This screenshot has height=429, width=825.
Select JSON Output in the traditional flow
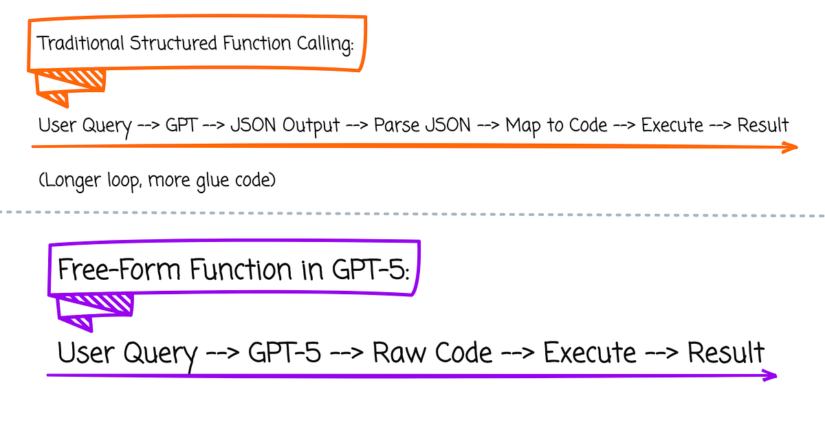(x=285, y=126)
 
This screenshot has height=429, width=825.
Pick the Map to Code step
(x=556, y=126)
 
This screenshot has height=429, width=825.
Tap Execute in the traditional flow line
(x=672, y=126)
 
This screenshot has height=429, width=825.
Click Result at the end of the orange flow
(x=762, y=126)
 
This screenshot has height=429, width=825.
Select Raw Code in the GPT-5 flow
(x=432, y=353)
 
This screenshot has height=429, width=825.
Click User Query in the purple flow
(x=127, y=353)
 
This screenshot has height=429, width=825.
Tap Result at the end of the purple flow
(x=726, y=353)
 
